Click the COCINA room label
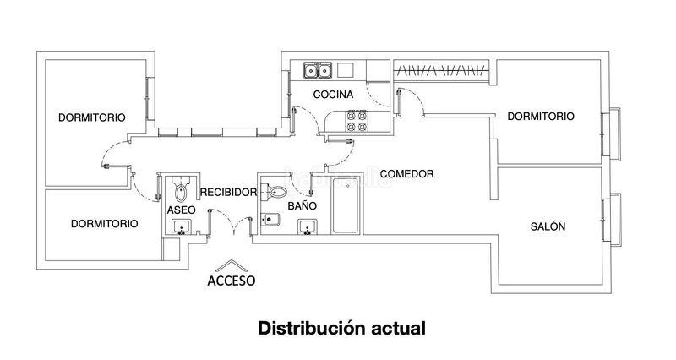pyautogui.click(x=333, y=95)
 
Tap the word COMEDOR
pyautogui.click(x=406, y=174)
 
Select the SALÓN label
pyautogui.click(x=548, y=226)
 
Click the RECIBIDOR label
pyautogui.click(x=228, y=193)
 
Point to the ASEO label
pyautogui.click(x=181, y=210)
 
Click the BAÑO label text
pyautogui.click(x=303, y=205)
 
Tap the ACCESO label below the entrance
pyautogui.click(x=231, y=281)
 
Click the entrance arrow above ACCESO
pyautogui.click(x=232, y=265)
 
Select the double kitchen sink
pyautogui.click(x=318, y=70)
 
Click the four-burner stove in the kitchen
pyautogui.click(x=357, y=121)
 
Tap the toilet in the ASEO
pyautogui.click(x=181, y=188)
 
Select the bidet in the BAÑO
pyautogui.click(x=270, y=220)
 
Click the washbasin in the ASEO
pyautogui.click(x=182, y=226)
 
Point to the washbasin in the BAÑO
pyautogui.click(x=308, y=226)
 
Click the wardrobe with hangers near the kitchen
pyautogui.click(x=442, y=70)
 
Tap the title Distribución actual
pyautogui.click(x=341, y=328)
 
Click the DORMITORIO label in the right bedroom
pyautogui.click(x=541, y=117)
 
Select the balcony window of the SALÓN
pyautogui.click(x=611, y=220)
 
